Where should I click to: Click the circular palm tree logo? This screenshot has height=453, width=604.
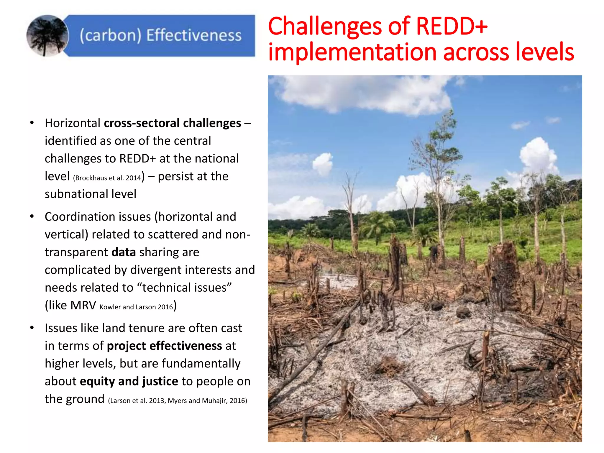(47, 36)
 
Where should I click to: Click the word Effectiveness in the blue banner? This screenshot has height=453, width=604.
(194, 35)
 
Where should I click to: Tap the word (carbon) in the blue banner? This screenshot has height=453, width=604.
(110, 35)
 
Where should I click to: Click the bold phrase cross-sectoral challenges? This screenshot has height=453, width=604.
(172, 123)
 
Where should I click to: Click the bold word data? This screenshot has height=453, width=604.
(124, 252)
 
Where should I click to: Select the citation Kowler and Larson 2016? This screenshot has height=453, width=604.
(136, 307)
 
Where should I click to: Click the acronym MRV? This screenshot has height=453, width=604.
(83, 306)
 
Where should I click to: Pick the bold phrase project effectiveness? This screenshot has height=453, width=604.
(164, 346)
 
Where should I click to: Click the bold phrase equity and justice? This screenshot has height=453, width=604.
(129, 381)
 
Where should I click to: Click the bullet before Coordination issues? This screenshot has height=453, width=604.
(32, 217)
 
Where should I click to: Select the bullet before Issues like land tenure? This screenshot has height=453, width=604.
(32, 328)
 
